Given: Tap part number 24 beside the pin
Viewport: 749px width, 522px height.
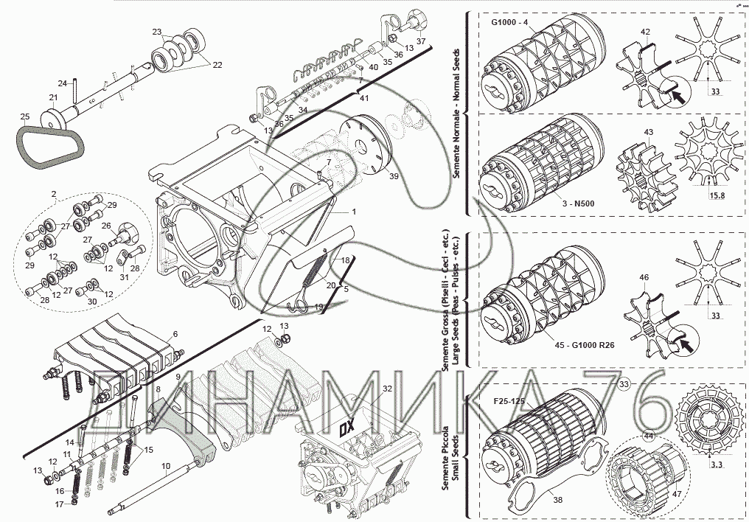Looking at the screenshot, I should (63, 83).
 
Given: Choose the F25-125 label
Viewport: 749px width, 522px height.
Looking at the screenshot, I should (509, 404).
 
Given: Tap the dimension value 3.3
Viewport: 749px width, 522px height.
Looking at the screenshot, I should (716, 465).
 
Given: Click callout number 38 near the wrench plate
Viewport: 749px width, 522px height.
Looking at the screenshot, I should (557, 500).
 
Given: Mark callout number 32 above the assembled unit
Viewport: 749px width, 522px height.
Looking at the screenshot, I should (388, 388).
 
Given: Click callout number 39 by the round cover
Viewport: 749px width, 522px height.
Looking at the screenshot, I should (394, 178).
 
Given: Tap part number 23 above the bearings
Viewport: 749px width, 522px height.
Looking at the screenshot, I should (156, 32).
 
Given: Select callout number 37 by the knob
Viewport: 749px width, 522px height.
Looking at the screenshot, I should (420, 41).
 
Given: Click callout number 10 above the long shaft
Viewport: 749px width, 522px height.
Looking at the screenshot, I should (166, 466).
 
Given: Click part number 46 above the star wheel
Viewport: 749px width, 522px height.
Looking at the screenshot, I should (644, 277).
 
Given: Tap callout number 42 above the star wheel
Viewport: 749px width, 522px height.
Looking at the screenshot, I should (645, 32).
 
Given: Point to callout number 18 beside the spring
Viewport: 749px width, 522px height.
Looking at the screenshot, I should (344, 261).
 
